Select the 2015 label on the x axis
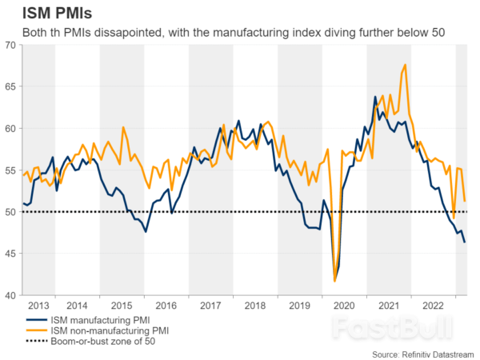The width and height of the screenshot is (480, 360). click(122, 305)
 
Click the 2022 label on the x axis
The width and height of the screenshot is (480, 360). click(433, 305)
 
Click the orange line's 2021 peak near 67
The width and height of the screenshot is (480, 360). click(406, 65)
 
